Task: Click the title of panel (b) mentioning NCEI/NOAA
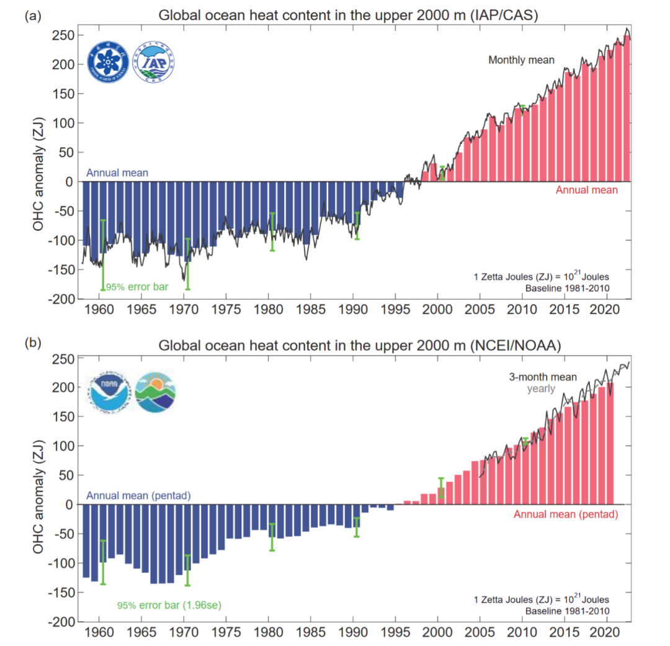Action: point(360,346)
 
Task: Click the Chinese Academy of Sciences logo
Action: point(108,61)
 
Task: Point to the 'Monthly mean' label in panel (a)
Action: point(521,60)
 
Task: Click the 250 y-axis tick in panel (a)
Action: point(63,35)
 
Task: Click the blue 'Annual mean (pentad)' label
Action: point(138,496)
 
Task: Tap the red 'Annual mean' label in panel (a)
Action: point(586,190)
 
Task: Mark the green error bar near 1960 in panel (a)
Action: point(103,255)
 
